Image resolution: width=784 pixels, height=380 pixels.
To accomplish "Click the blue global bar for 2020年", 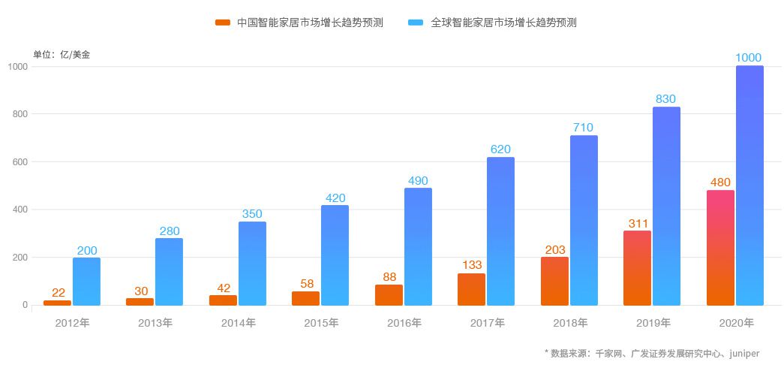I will tap(749, 185).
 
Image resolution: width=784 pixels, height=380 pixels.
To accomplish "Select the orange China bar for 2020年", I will tap(720, 248).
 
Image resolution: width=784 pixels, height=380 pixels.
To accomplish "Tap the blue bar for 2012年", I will tap(86, 282).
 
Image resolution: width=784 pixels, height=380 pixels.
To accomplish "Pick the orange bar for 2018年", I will tap(554, 281).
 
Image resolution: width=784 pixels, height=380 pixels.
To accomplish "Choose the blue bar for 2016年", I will tap(418, 246).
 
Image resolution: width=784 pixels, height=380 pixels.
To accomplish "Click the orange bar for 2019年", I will tap(637, 268).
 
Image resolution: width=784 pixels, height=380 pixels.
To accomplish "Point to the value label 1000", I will tap(749, 58).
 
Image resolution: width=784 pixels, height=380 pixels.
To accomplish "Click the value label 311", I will tap(637, 223).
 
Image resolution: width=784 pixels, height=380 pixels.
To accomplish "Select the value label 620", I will tap(500, 149).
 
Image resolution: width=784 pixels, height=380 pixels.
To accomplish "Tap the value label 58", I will tap(305, 284).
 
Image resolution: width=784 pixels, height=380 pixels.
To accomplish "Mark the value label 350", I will tap(252, 214).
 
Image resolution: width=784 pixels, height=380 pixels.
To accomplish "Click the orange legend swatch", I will tap(223, 23).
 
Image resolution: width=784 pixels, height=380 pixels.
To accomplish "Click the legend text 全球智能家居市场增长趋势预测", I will tap(503, 23).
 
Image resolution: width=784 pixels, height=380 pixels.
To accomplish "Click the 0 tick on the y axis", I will tap(25, 305).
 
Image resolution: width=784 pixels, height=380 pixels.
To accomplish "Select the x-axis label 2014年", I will tap(239, 323).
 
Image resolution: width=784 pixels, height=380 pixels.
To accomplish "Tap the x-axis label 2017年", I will tap(487, 323).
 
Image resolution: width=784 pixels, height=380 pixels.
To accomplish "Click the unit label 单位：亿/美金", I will tap(62, 54).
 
